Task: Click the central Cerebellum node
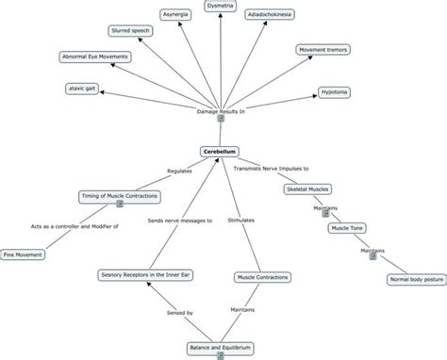coord(222,151)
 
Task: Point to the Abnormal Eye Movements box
coord(95,57)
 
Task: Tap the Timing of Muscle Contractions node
coord(119,196)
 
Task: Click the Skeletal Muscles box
coord(307,189)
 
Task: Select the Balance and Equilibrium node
coord(220,348)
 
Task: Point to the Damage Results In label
coord(220,111)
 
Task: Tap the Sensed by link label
coord(178,312)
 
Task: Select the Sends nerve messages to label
coord(180,220)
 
